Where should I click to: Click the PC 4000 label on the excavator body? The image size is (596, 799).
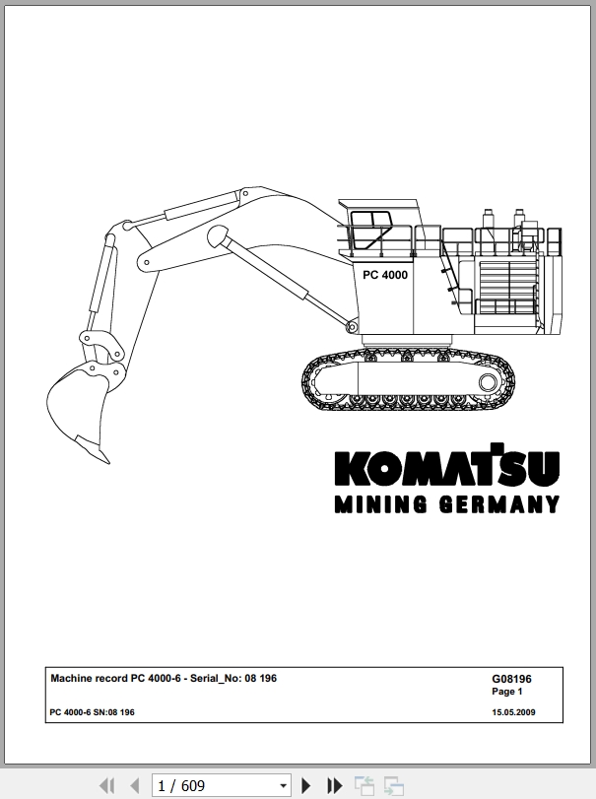385,275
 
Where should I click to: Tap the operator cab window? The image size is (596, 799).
369,230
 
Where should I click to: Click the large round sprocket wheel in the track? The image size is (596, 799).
488,382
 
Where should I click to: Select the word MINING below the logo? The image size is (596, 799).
380,504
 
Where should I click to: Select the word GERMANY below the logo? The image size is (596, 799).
499,504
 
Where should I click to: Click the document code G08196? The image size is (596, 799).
511,679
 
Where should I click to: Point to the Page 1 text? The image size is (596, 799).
507,692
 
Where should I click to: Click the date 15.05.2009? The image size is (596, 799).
513,712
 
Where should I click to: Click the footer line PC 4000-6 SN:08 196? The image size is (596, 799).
93,712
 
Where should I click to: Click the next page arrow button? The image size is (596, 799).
306,786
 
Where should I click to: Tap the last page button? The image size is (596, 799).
335,786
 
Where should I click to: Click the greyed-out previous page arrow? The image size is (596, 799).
135,786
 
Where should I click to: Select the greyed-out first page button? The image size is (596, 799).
106,786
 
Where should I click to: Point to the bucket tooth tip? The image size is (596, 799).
109,463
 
